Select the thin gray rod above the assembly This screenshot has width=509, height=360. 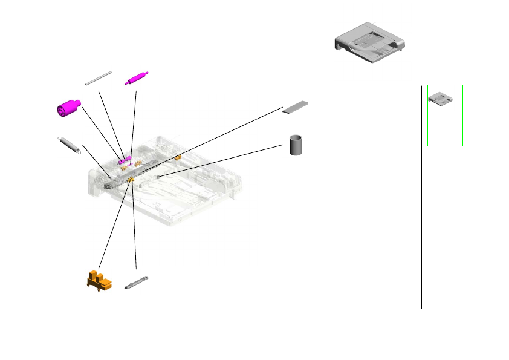click(99, 78)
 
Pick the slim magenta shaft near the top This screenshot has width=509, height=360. click(137, 79)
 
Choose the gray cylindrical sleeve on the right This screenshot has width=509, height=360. click(296, 145)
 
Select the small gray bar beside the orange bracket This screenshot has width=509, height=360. click(136, 283)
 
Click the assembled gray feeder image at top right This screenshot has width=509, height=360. click(369, 43)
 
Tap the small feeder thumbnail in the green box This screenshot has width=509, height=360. click(440, 98)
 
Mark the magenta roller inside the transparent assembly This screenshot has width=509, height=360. click(125, 161)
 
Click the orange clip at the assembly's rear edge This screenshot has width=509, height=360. click(178, 158)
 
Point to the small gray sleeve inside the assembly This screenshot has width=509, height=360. click(158, 177)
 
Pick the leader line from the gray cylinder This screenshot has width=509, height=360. click(221, 161)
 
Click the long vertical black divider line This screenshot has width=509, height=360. click(421, 200)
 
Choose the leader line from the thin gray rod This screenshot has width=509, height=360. click(111, 121)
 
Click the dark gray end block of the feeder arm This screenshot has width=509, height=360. click(108, 186)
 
